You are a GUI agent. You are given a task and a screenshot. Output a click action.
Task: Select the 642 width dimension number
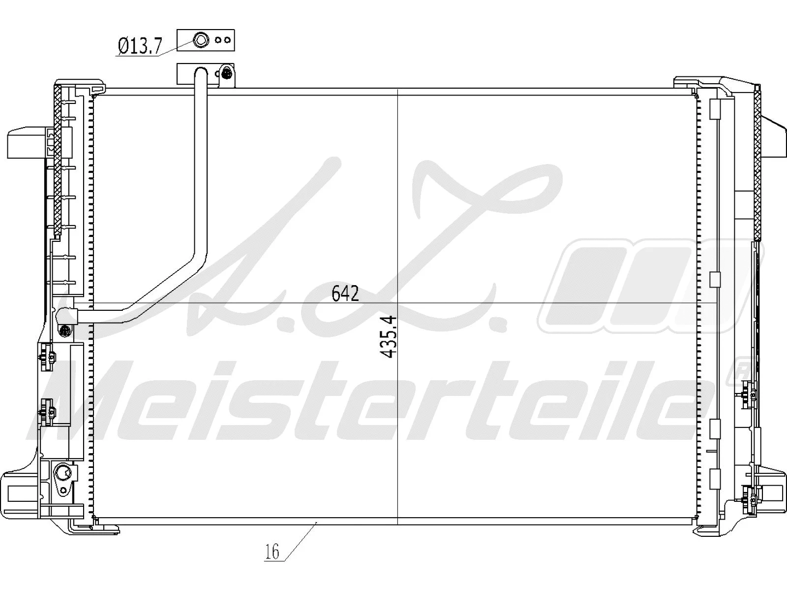coord(345,294)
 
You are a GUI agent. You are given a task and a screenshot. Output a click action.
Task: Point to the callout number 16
coord(272,552)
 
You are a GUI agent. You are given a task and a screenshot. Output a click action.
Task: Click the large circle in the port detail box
coord(201,40)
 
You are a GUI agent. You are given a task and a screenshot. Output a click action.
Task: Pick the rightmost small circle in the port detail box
coord(226,40)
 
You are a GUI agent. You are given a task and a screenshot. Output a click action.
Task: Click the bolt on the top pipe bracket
coord(226,74)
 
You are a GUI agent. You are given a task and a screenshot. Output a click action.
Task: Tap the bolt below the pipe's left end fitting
coord(64,330)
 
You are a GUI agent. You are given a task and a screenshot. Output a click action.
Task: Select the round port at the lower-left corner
coord(63,473)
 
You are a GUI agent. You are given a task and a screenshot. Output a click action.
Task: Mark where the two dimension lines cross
coord(397,303)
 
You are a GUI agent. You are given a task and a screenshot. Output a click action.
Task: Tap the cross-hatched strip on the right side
coord(757,163)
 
